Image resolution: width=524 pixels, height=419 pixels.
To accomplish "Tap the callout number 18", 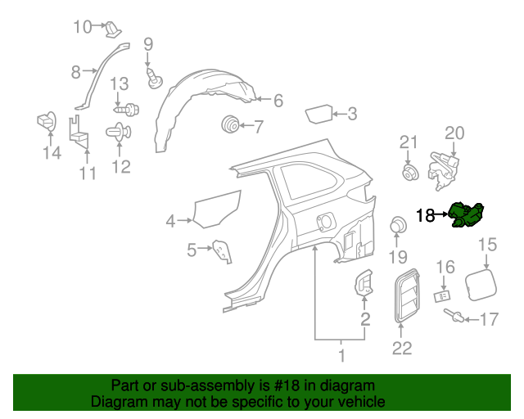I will [x=426, y=216].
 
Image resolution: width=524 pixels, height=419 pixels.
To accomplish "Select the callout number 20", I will [x=454, y=133].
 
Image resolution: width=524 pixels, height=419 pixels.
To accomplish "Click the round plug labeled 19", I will [x=398, y=225].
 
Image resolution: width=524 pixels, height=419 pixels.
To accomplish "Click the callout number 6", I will [x=278, y=101].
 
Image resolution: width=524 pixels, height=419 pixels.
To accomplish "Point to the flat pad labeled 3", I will [x=319, y=114].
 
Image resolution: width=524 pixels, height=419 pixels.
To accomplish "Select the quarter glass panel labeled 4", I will [x=219, y=209].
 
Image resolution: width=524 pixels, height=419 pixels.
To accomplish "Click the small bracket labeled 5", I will [x=222, y=251].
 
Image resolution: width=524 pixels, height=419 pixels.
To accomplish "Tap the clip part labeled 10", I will [x=112, y=29].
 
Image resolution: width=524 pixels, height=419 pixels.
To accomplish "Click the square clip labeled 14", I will [x=46, y=122].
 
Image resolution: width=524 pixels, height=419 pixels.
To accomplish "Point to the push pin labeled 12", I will [x=119, y=132].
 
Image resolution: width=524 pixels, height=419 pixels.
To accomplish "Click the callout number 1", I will [x=342, y=356].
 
